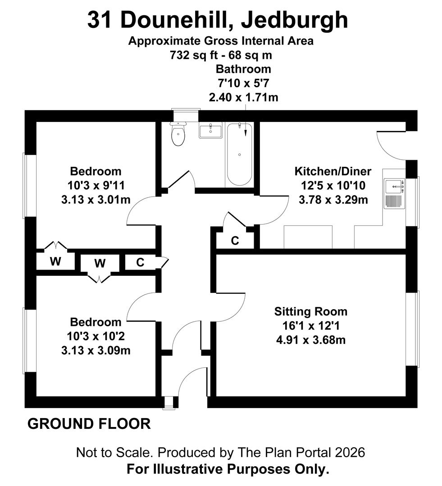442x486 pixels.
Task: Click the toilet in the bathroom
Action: click(x=178, y=134)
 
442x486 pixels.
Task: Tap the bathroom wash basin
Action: click(x=210, y=131)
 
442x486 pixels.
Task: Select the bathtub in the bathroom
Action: click(x=239, y=154)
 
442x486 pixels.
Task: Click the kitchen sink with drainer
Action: click(x=395, y=193)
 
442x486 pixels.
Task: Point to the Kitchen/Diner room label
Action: click(x=333, y=171)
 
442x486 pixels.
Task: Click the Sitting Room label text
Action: click(x=311, y=311)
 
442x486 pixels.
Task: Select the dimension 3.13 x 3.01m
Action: click(x=96, y=199)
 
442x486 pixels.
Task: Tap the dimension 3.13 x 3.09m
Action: click(x=96, y=350)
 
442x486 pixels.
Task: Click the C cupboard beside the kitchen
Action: click(x=235, y=241)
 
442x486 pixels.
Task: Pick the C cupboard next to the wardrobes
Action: click(x=140, y=263)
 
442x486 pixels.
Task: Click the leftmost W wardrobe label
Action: click(x=55, y=262)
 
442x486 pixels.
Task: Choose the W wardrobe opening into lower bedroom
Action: click(x=100, y=263)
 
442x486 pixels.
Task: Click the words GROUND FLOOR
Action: click(x=89, y=424)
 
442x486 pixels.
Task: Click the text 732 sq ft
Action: click(x=194, y=55)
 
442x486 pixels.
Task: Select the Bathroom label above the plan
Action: click(x=243, y=69)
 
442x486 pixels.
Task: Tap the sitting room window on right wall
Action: click(x=413, y=328)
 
